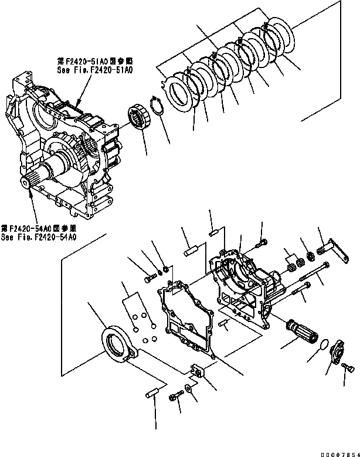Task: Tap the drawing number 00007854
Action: (335, 452)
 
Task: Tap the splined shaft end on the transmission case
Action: (32, 182)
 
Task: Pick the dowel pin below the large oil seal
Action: (152, 391)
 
